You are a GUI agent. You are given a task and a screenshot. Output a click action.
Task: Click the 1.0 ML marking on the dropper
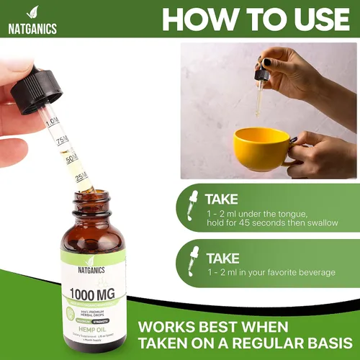53,122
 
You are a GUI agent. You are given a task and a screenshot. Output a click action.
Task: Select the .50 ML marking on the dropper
72,158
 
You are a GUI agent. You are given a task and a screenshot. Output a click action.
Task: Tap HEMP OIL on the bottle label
91,325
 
